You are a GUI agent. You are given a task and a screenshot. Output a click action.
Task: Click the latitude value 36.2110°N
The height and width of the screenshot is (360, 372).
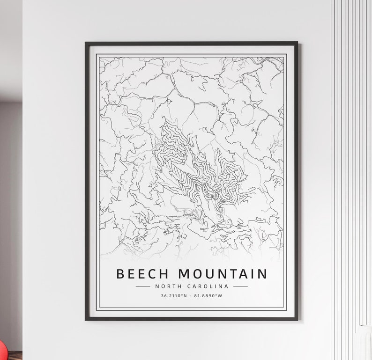coord(174,296)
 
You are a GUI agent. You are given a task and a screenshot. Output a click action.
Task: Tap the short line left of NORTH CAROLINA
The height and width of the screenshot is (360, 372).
coord(142,286)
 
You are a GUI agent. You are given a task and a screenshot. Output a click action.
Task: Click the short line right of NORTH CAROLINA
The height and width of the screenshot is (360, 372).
coord(240,286)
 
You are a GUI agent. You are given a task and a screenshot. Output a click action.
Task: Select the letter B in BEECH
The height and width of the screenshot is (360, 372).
coord(120,273)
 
